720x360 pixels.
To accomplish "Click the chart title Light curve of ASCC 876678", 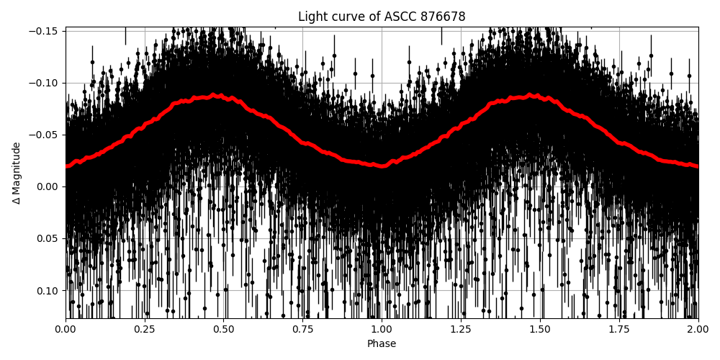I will coord(382,17).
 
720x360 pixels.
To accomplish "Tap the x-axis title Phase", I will coord(382,344).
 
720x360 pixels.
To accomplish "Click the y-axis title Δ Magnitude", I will coord(17,173).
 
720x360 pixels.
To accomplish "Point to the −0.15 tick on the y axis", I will coord(45,31).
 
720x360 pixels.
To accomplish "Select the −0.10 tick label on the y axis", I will coord(45,83).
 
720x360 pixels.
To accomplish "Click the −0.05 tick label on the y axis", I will coord(45,135).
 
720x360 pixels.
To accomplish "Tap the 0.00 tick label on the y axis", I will coord(48,186).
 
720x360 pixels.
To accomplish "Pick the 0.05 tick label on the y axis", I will coord(48,238).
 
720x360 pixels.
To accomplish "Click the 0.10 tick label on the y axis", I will coord(48,290).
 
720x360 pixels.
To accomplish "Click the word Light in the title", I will coord(312,17).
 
